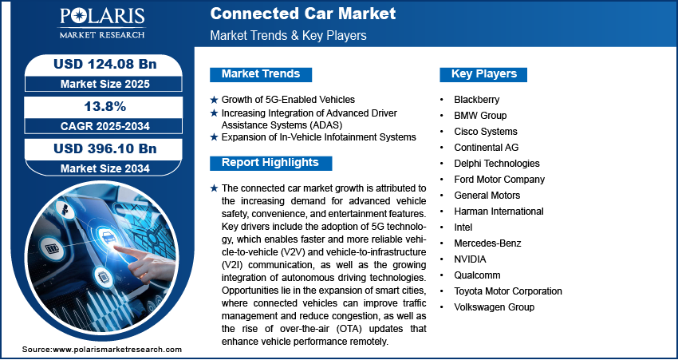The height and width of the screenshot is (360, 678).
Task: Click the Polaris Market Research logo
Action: (102, 23)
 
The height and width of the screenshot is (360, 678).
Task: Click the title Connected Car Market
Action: (302, 14)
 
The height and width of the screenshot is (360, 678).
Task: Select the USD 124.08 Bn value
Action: (104, 64)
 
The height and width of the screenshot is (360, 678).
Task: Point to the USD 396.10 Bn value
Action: (104, 148)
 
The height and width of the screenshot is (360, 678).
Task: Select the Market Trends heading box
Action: (261, 74)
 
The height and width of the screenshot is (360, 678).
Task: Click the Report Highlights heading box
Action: (270, 163)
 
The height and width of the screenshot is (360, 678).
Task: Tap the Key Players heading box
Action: (483, 74)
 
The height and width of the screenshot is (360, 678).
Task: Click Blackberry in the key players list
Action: (476, 100)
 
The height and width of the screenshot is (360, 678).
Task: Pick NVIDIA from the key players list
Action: (470, 259)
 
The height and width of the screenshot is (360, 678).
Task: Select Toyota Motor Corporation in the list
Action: (508, 291)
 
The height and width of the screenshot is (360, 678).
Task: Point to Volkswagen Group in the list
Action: (495, 307)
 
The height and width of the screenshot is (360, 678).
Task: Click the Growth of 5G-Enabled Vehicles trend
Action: (288, 100)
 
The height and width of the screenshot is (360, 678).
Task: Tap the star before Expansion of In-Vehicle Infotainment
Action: (214, 137)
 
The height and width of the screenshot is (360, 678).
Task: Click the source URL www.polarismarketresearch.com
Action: (117, 349)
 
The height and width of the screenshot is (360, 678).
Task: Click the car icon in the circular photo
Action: (108, 235)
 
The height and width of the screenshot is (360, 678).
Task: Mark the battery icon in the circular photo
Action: (53, 249)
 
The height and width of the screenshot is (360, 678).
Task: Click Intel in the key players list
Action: (463, 227)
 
